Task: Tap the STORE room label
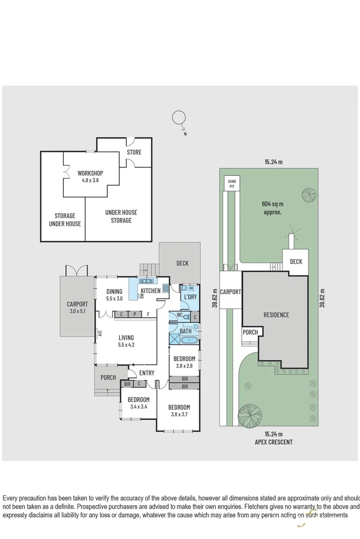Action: [x=134, y=152]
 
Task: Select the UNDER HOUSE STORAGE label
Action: [x=121, y=216]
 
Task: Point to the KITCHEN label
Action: [x=150, y=291]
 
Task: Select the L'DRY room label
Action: [x=190, y=297]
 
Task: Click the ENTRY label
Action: [x=147, y=373]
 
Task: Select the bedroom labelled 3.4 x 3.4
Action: [x=131, y=403]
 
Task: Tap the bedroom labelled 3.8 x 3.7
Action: [x=179, y=411]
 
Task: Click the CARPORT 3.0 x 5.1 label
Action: [x=77, y=308]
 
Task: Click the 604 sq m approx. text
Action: [x=272, y=208]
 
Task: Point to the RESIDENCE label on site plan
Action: [x=276, y=315]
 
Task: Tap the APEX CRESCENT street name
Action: [x=274, y=442]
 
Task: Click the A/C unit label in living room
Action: [x=100, y=333]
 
